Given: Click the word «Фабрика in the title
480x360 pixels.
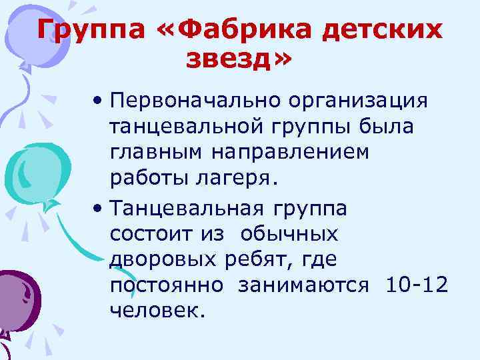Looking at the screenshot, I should coord(239,30).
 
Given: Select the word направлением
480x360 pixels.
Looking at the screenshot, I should coord(291,152).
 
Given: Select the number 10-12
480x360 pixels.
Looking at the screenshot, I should coord(417,285).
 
